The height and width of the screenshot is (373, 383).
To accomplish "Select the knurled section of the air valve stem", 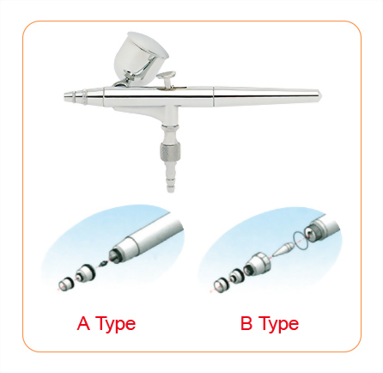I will pos(169,154).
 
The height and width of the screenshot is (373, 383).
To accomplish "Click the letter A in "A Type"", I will pos(84,324).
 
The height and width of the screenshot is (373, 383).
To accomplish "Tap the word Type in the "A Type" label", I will pos(116,325).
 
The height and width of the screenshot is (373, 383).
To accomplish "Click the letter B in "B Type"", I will pos(247,324).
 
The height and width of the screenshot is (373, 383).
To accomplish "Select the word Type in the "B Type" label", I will pos(279,325).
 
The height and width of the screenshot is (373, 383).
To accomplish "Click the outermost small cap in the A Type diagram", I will pos(64,283).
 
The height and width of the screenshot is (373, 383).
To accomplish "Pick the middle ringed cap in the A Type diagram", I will pos(83,274).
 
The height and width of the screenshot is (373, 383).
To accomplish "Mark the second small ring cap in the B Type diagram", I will pos(235,276).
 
